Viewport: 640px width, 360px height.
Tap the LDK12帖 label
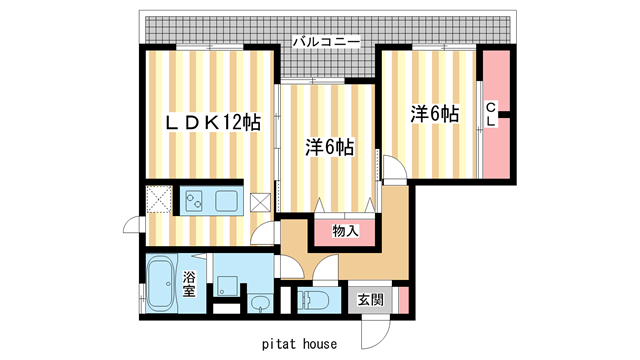[x=213, y=123]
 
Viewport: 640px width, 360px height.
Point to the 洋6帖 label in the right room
[x=434, y=114]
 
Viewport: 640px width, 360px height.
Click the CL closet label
[x=491, y=113]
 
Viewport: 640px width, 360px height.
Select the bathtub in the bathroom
[x=160, y=282]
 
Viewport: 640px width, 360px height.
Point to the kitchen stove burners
[x=193, y=201]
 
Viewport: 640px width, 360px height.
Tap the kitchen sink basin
[x=225, y=201]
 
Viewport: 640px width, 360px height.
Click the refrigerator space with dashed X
[x=159, y=200]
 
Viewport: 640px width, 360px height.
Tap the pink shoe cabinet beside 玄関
[x=403, y=299]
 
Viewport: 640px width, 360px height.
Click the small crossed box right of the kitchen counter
[x=260, y=201]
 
